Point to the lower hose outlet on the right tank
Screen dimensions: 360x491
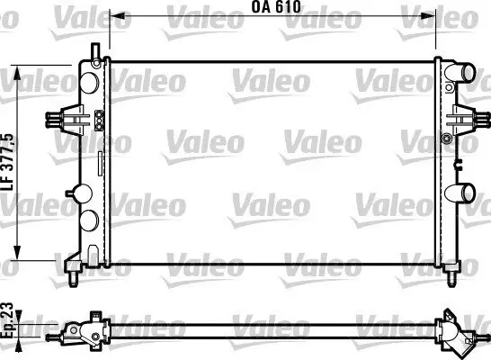465,192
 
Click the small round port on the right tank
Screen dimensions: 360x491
447,139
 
